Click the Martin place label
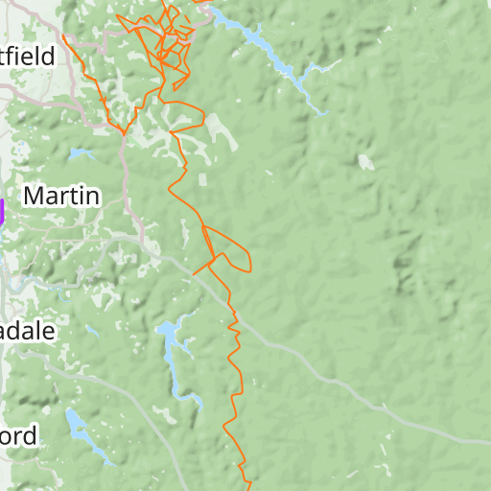(61, 197)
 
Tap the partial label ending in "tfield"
(29, 57)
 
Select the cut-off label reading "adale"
(28, 332)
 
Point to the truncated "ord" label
(18, 436)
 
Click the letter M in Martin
(35, 197)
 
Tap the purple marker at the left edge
(2, 212)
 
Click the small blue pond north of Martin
(81, 153)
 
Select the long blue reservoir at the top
(264, 48)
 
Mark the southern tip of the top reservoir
(322, 111)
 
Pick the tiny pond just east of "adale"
(92, 332)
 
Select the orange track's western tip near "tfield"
(63, 37)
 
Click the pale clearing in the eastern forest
(365, 162)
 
